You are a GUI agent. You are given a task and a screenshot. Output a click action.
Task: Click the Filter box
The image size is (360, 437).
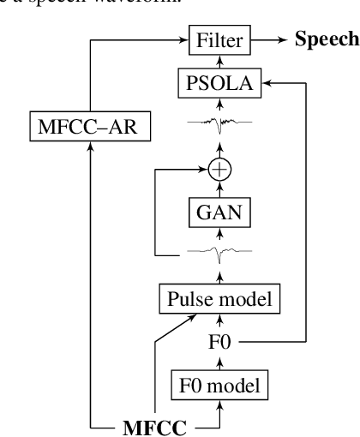(x=220, y=39)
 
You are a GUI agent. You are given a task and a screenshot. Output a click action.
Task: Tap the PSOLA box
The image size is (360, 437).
(x=220, y=84)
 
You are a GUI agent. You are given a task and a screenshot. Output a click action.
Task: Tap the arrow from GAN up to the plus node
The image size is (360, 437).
(x=220, y=189)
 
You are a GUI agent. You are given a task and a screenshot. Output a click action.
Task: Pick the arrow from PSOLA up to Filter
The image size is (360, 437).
(x=220, y=62)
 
